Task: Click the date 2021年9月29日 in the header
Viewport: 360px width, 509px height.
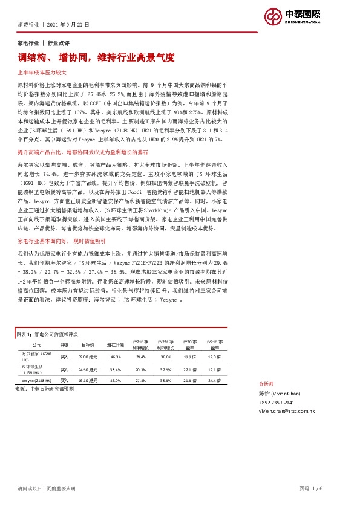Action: pos(68,25)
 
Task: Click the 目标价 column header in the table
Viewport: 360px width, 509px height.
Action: pos(88,344)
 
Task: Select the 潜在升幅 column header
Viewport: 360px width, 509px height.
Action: pos(116,344)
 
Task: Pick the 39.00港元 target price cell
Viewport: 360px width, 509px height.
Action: pos(88,357)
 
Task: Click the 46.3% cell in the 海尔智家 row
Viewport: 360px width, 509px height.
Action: pos(116,357)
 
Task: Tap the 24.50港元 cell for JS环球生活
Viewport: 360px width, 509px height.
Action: pos(88,369)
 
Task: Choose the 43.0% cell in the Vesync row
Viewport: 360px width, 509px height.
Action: pos(116,380)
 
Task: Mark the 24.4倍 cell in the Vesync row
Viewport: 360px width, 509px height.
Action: pos(214,380)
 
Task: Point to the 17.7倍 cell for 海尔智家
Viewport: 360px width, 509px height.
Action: pos(189,357)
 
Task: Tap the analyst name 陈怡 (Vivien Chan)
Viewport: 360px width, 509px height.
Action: pos(279,393)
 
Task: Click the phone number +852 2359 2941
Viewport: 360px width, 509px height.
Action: pos(277,402)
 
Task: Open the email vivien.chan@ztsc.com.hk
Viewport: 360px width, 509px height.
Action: pos(287,410)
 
